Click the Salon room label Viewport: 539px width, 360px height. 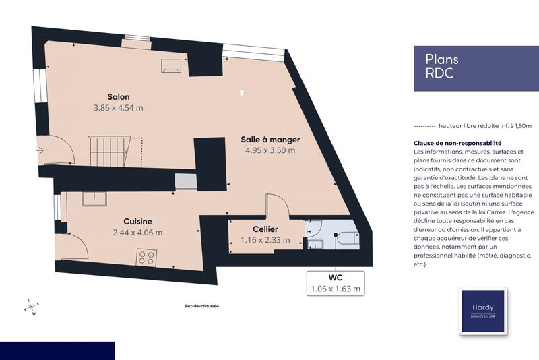117,96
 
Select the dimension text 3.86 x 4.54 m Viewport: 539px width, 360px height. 118,107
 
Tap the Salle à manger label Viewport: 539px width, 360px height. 270,140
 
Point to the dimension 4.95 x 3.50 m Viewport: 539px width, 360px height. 270,150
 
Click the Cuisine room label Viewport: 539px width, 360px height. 137,222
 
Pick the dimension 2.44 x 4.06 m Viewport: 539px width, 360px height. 137,233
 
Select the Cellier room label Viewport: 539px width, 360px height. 266,229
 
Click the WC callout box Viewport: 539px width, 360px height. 336,283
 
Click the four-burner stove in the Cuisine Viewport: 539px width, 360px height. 147,256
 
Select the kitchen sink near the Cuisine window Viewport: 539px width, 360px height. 94,198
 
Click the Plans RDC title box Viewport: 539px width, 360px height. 471,67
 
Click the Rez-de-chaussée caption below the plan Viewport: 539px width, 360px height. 201,306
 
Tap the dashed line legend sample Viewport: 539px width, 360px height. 423,126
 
